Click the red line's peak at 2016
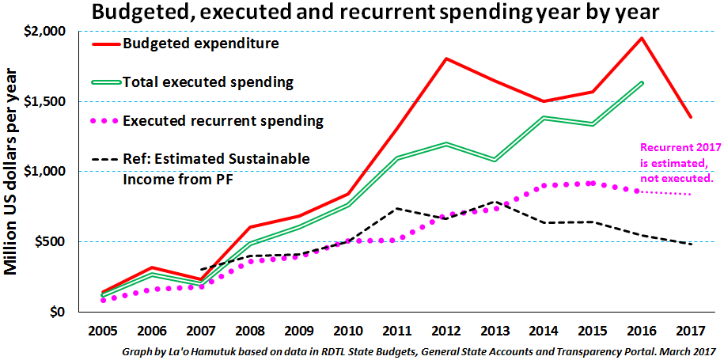click(x=642, y=38)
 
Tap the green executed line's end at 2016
click(x=642, y=82)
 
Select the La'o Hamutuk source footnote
click(x=419, y=350)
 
